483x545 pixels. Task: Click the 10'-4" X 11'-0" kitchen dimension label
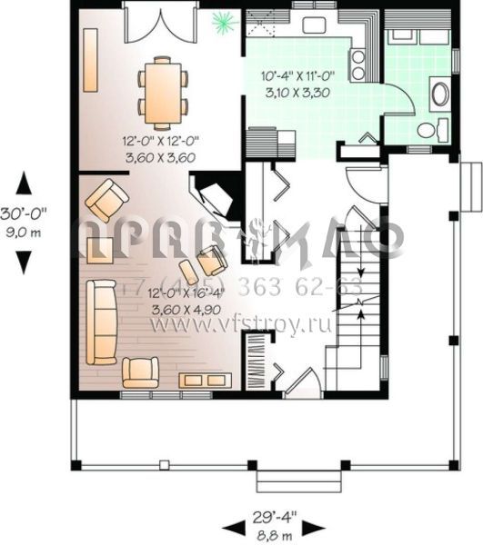(293, 76)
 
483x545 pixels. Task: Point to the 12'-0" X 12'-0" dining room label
(161, 141)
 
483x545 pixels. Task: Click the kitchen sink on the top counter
(316, 23)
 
